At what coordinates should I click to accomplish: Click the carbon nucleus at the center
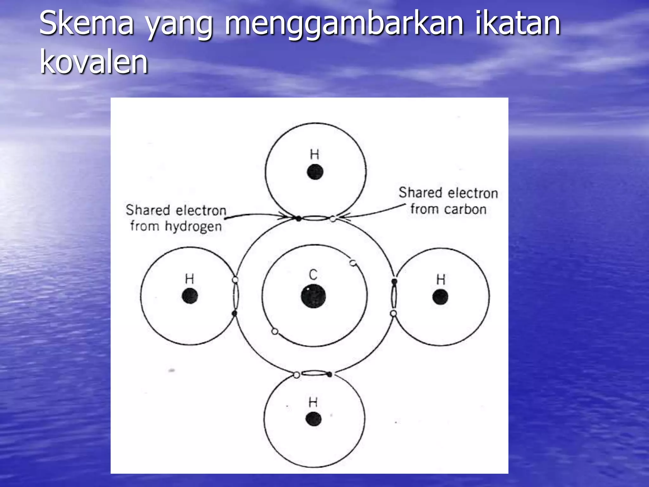(x=313, y=296)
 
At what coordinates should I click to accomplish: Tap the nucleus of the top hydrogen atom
(x=315, y=172)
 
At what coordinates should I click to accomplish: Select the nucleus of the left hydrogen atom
(x=190, y=296)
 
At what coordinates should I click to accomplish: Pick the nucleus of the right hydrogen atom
(x=440, y=297)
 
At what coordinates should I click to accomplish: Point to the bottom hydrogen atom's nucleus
(x=313, y=419)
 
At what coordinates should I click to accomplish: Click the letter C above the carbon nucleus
(x=313, y=275)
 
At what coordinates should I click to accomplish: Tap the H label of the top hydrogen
(x=314, y=155)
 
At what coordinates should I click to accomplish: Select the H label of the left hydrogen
(x=189, y=279)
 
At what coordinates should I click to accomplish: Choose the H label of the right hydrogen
(x=441, y=280)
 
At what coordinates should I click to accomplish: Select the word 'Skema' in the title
(x=86, y=23)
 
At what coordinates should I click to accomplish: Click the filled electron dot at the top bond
(x=298, y=218)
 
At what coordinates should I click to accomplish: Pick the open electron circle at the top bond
(x=333, y=218)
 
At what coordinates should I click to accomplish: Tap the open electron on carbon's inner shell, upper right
(x=353, y=263)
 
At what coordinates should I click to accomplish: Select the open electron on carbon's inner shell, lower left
(x=275, y=332)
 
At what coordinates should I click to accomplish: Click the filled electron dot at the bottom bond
(x=330, y=374)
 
